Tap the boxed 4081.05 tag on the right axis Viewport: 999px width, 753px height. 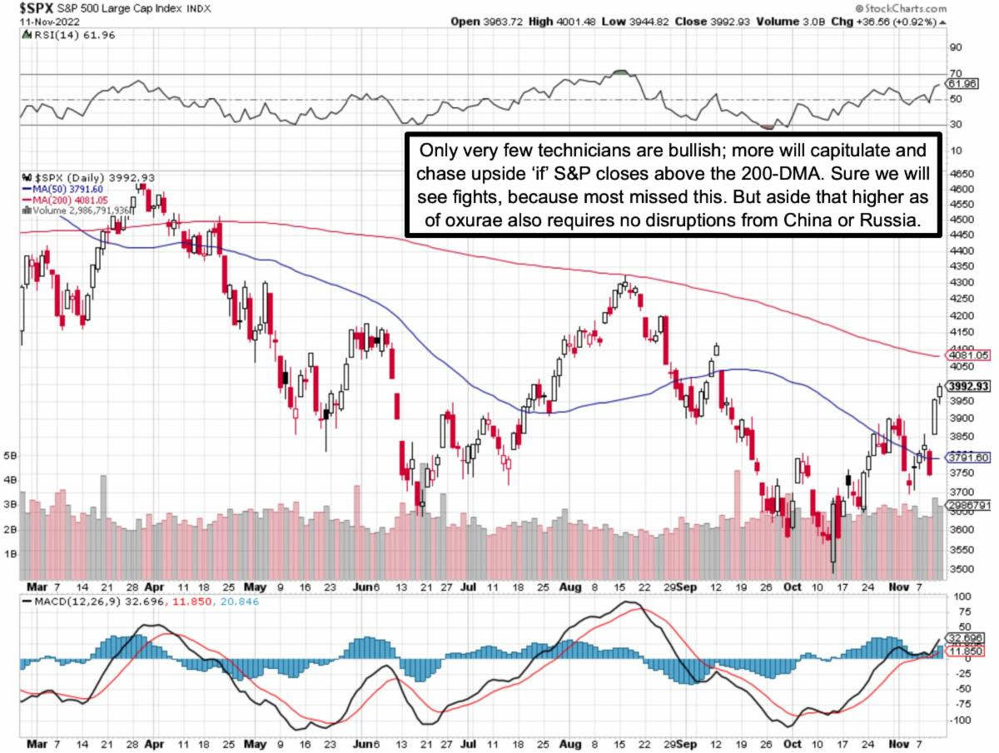pos(970,355)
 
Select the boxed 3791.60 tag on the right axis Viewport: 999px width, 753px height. pos(970,458)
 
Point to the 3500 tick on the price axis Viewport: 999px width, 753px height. pos(959,570)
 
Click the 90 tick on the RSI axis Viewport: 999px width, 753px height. pos(955,47)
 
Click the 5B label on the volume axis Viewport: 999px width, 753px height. pos(10,456)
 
